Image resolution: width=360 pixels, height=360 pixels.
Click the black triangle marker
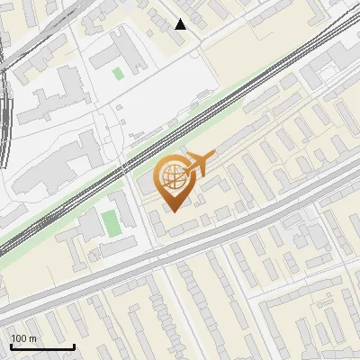click(x=181, y=24)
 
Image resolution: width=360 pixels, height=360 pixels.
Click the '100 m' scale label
click(x=23, y=338)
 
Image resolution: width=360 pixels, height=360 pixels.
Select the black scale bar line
click(x=42, y=346)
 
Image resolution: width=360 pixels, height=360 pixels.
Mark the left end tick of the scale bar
click(x=12, y=345)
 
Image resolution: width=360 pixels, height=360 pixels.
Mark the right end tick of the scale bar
click(x=74, y=345)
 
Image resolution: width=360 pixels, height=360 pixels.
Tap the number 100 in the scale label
click(x=20, y=338)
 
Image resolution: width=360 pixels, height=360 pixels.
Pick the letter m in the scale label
click(x=32, y=338)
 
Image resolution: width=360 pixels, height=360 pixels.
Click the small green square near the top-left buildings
click(x=118, y=74)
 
